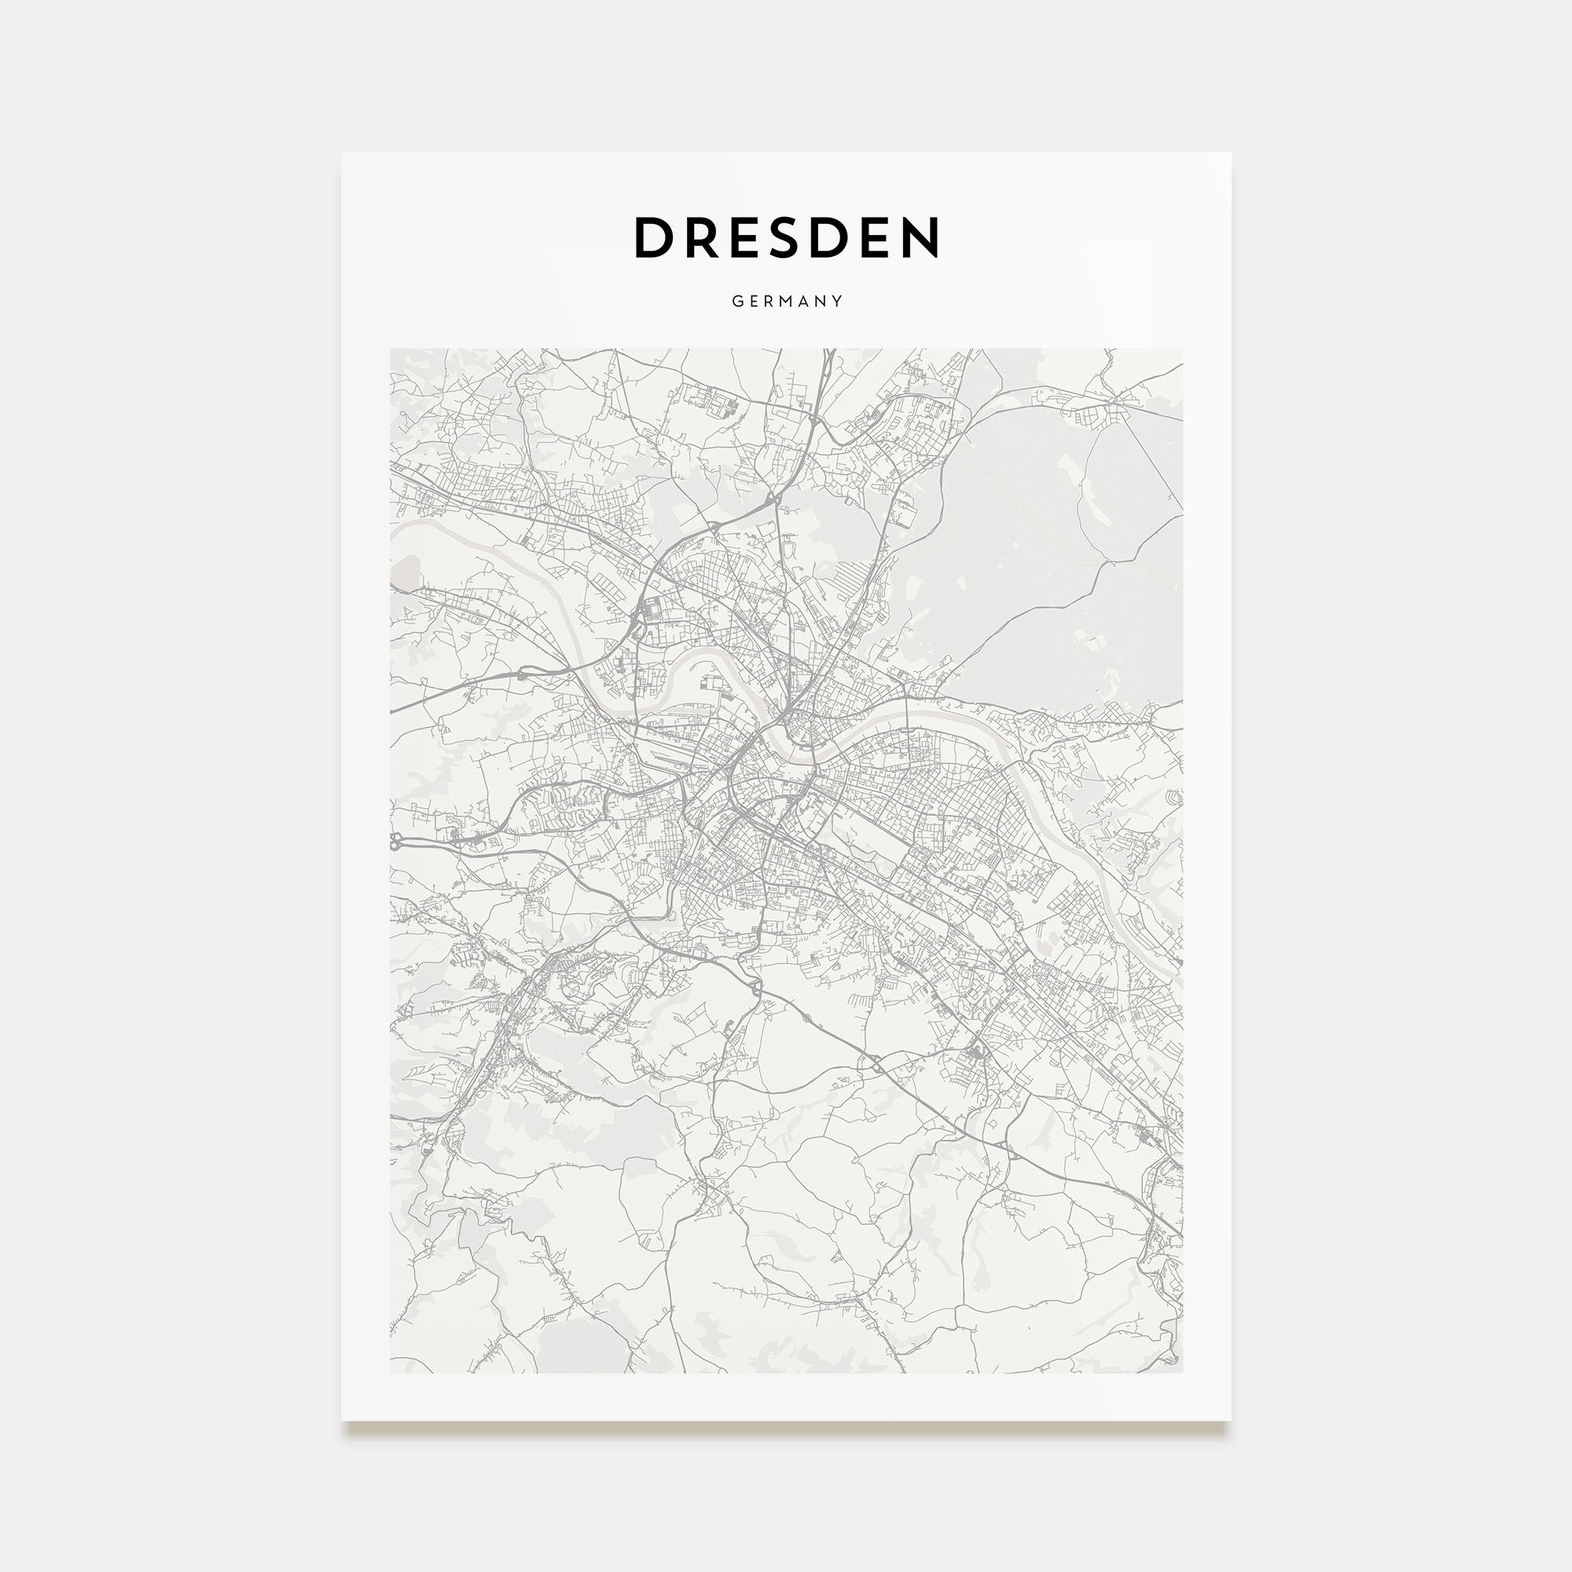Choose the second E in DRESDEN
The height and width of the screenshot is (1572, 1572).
[872, 237]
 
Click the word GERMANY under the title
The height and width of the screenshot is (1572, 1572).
[786, 301]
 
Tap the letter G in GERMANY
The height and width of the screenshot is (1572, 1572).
[736, 301]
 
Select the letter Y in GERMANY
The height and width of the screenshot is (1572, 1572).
[837, 301]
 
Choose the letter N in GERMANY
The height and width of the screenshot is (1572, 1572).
[820, 301]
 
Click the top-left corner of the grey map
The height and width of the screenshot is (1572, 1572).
[391, 350]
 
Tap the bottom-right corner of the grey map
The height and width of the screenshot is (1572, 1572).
[1182, 1372]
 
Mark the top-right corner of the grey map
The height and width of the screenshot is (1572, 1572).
[1182, 350]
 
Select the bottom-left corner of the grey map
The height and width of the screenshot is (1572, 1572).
[391, 1372]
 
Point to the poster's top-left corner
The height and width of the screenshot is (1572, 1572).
[342, 153]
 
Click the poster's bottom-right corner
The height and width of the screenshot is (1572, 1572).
[1230, 1420]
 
